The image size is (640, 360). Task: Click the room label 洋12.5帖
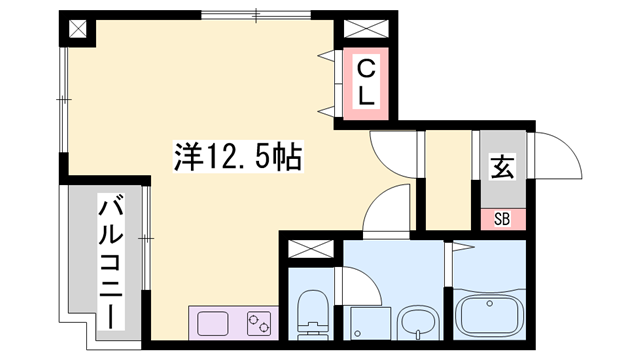pos(238,156)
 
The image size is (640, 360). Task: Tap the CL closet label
pos(366,82)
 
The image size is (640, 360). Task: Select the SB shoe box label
pos(502,219)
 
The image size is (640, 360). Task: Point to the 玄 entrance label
pos(502,167)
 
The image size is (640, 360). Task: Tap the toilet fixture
pos(313,314)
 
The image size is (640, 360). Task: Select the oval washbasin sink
pos(417,321)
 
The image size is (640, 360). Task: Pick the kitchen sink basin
pos(213,323)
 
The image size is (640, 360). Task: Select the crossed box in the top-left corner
pos(78,29)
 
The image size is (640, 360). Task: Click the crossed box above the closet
pos(366,29)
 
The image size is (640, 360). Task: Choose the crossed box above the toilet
pos(311,249)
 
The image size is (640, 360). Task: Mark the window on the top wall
pos(256,15)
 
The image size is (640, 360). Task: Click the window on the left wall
pos(64,100)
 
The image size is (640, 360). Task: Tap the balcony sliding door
pos(146,238)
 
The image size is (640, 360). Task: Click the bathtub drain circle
pos(489,303)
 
